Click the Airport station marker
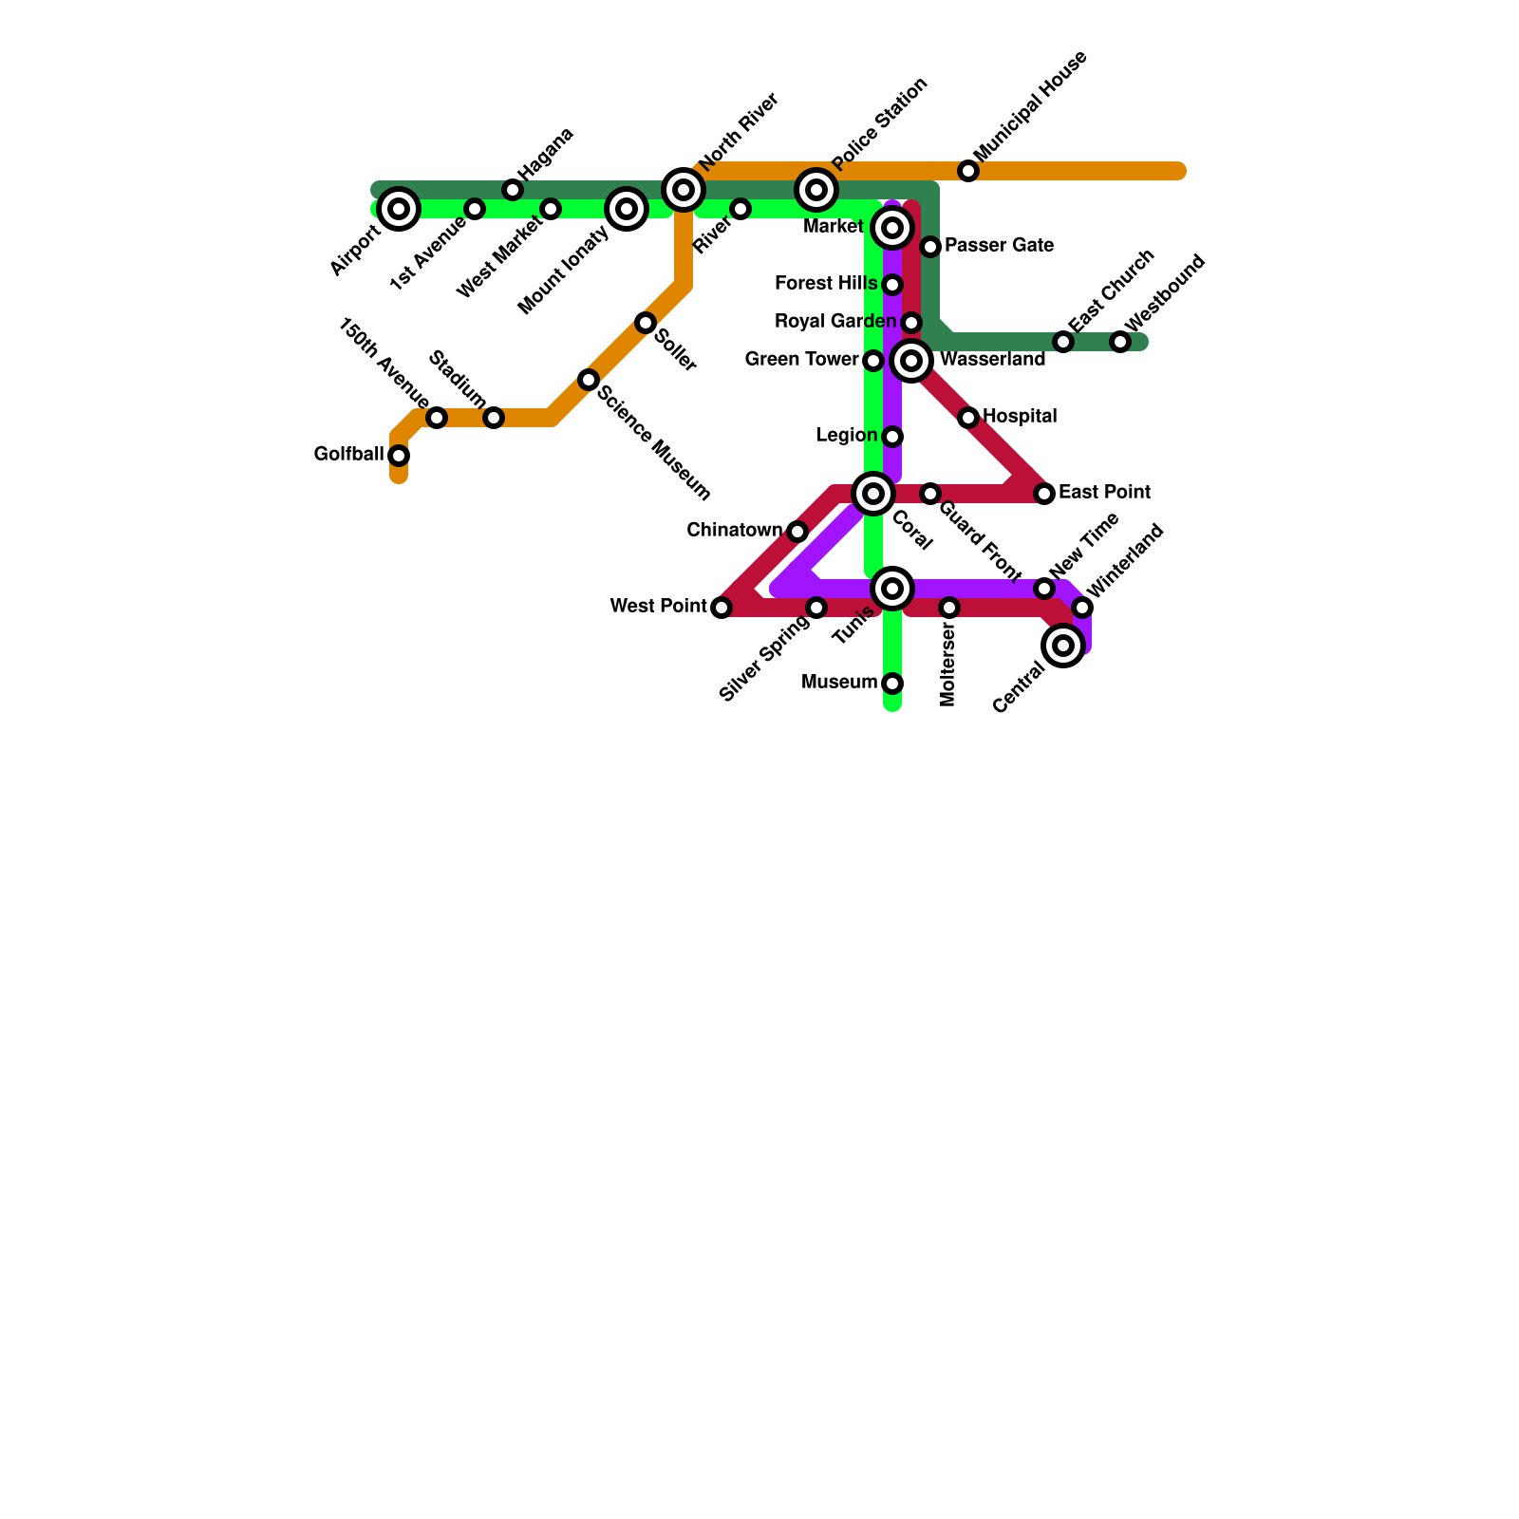(x=399, y=209)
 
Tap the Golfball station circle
(x=399, y=456)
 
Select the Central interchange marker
(x=1063, y=646)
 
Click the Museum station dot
(x=892, y=684)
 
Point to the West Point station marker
(x=722, y=608)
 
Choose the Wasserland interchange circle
(x=911, y=361)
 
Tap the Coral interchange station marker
(x=873, y=494)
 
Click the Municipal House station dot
(x=968, y=171)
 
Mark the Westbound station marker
(x=1120, y=342)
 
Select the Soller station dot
(x=646, y=323)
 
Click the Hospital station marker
(x=968, y=418)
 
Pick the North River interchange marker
(x=684, y=190)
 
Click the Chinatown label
(x=734, y=530)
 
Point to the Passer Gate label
(x=999, y=246)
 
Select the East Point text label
(x=1104, y=493)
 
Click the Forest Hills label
(x=826, y=284)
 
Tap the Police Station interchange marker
(x=816, y=190)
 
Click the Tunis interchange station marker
(x=892, y=589)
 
